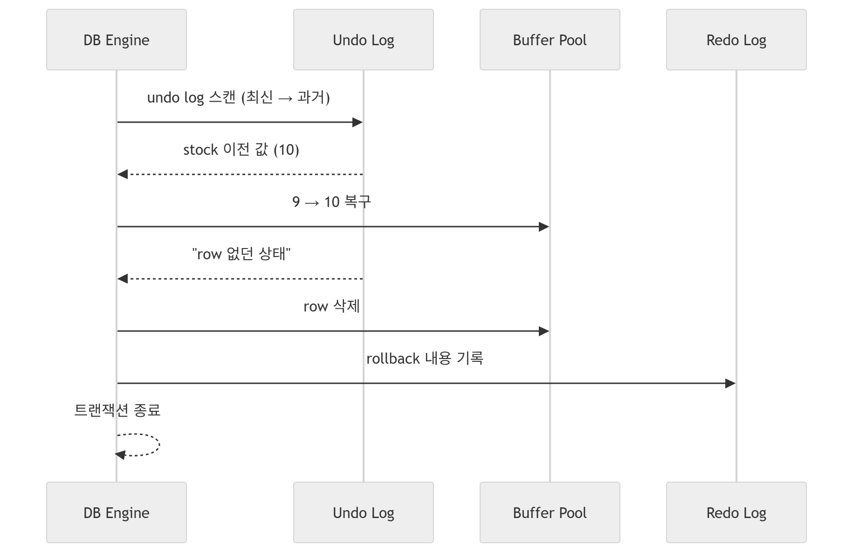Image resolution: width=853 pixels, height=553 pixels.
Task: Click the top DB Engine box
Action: click(x=117, y=40)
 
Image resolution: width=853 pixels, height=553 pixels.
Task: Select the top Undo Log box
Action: click(x=364, y=40)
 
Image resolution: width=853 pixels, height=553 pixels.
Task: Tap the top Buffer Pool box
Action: click(x=550, y=40)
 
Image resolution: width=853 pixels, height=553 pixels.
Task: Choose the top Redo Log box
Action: click(x=736, y=40)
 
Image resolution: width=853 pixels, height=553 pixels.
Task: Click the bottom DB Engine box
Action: click(x=117, y=512)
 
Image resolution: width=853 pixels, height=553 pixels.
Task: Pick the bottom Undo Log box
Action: click(x=364, y=512)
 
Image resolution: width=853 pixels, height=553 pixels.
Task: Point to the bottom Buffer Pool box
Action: click(x=550, y=512)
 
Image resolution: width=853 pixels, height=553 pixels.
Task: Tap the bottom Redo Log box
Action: click(x=736, y=512)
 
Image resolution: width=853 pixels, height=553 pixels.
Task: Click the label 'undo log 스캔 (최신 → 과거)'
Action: click(x=239, y=97)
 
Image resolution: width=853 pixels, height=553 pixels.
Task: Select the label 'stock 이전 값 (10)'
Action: click(x=241, y=150)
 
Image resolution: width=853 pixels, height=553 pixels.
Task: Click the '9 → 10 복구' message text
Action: click(x=331, y=201)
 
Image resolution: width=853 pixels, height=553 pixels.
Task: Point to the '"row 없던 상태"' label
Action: click(x=241, y=254)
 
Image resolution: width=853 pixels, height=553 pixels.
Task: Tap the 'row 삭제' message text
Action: click(x=331, y=306)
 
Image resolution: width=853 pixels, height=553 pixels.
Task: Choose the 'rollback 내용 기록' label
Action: click(x=425, y=359)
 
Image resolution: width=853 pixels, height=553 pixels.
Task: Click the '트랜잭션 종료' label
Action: click(x=117, y=410)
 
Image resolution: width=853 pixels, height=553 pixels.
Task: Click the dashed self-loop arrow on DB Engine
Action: click(x=159, y=444)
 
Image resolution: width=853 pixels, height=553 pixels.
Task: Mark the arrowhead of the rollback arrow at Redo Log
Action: click(x=730, y=383)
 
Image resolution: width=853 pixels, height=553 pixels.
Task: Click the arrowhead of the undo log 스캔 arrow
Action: click(x=358, y=122)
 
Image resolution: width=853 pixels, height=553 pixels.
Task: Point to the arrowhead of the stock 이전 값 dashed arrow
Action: click(x=123, y=174)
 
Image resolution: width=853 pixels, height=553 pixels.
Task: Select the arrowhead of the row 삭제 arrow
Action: click(x=544, y=331)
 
